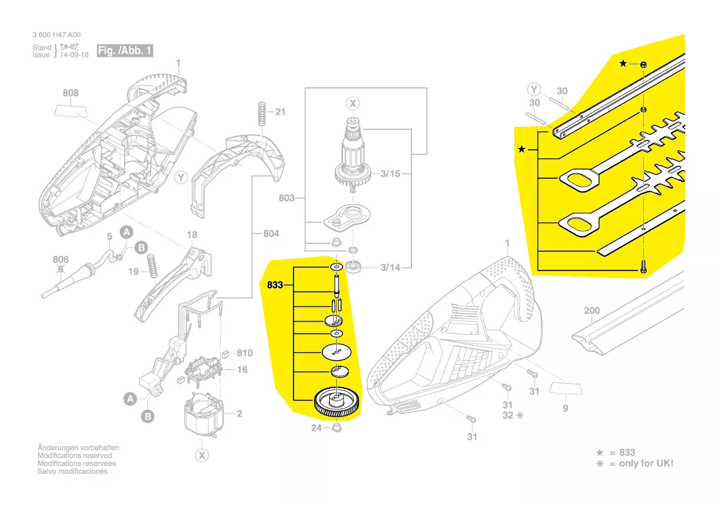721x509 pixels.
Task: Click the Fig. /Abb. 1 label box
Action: [x=125, y=51]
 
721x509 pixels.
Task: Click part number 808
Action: [x=71, y=94]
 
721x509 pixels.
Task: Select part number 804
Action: [x=271, y=234]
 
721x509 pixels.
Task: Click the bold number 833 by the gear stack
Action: [x=275, y=285]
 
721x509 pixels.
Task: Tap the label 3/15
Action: [x=390, y=174]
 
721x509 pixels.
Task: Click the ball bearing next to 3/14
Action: [x=356, y=267]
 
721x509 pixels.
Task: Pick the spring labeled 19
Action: [x=150, y=266]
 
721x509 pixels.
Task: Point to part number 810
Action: [x=245, y=353]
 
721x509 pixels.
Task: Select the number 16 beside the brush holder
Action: [x=242, y=370]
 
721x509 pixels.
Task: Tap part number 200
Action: [x=591, y=311]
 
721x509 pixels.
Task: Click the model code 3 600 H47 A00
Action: [x=56, y=35]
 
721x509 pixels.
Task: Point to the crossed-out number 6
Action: [x=60, y=269]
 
